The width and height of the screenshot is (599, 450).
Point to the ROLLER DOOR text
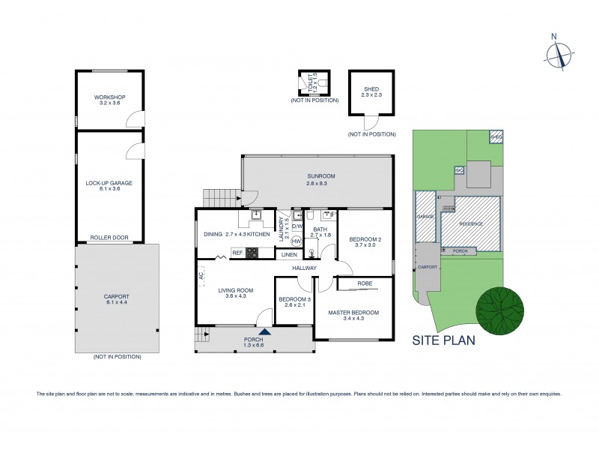(x=109, y=238)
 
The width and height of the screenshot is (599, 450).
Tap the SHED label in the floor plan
(x=371, y=91)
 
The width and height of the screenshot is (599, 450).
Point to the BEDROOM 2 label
(x=365, y=242)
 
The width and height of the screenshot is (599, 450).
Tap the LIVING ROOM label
(x=236, y=292)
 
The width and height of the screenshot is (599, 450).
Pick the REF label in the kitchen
(x=237, y=253)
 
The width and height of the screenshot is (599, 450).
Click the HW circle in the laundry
(x=296, y=241)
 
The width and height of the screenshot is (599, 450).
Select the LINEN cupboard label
(x=289, y=255)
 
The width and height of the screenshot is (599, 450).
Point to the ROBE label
(x=365, y=284)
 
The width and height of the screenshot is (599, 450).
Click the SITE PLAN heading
(x=443, y=340)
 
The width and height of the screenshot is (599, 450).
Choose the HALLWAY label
(x=305, y=268)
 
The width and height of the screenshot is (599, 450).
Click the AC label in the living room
(x=201, y=276)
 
